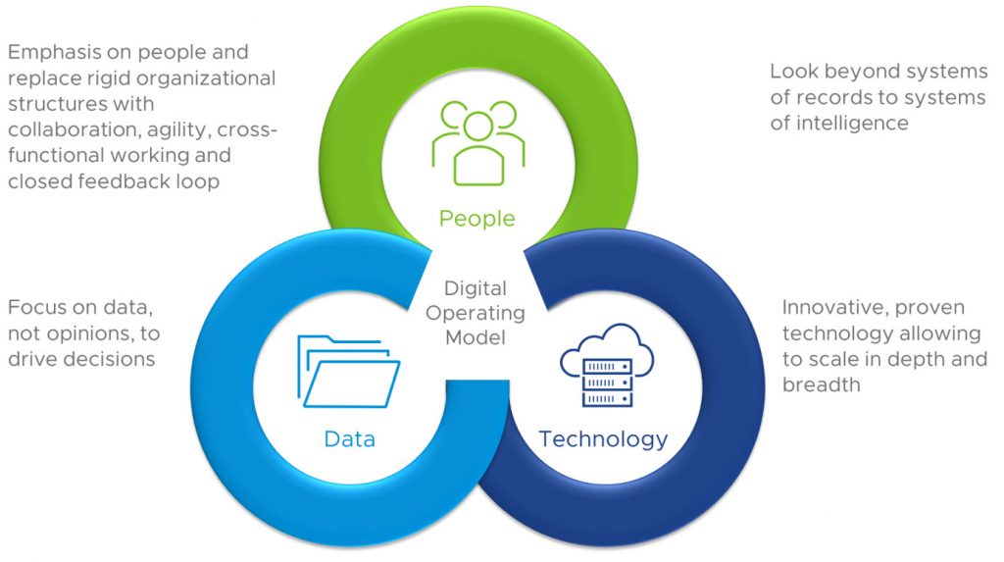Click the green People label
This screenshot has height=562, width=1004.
click(x=477, y=218)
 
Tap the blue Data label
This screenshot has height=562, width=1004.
click(x=350, y=438)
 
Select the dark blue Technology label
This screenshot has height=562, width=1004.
click(x=603, y=438)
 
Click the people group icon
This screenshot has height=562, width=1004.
click(x=477, y=141)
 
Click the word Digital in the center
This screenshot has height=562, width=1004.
click(x=476, y=289)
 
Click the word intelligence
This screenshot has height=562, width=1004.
click(x=852, y=123)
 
